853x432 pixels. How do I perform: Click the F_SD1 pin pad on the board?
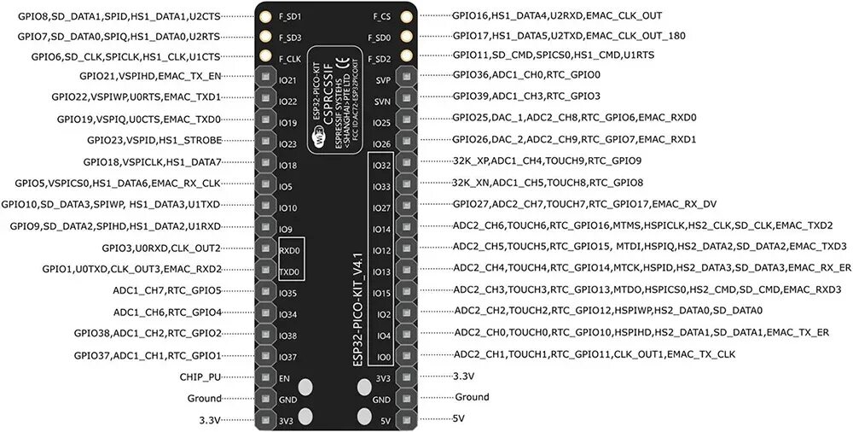265,17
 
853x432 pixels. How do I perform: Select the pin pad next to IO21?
265,80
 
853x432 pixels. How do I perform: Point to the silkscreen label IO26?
381,143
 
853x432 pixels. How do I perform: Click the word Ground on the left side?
204,398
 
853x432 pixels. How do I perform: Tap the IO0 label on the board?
383,357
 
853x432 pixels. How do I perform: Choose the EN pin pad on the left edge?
265,378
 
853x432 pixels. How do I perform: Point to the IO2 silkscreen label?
383,314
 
